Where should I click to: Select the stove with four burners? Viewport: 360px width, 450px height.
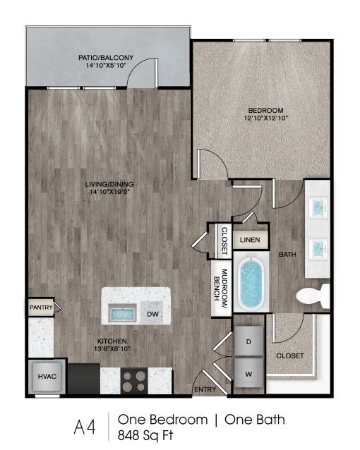133,381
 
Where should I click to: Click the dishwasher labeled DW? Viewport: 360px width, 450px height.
152,313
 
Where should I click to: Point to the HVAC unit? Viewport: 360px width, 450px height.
47,377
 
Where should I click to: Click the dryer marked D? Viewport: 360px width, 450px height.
248,341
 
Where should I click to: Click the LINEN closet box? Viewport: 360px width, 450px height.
250,240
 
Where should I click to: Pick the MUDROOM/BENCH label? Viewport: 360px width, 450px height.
220,284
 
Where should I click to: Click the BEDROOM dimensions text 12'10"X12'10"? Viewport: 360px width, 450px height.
265,118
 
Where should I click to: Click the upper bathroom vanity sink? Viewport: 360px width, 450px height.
319,207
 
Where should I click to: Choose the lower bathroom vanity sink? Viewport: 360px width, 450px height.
319,248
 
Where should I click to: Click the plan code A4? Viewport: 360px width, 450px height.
84,427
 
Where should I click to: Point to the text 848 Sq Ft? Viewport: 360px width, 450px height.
145,436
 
